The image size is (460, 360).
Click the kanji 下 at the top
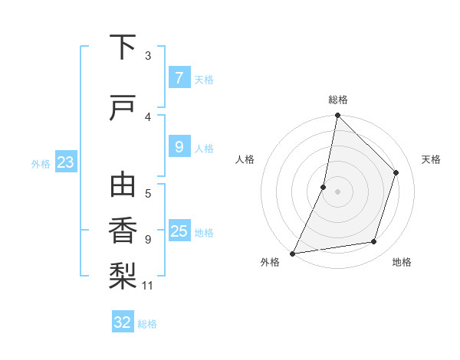[123, 47]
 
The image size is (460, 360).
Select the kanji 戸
[123, 109]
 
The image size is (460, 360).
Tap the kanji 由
[123, 186]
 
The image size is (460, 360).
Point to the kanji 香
[123, 231]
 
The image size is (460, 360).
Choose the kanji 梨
[123, 276]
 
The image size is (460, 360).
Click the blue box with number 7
[179, 78]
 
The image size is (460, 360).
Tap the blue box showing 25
[179, 231]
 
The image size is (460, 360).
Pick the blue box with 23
[65, 162]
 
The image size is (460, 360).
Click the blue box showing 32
[123, 322]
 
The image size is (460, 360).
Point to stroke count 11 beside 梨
[148, 286]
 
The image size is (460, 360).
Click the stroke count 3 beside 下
[148, 56]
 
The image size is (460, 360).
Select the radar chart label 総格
[338, 100]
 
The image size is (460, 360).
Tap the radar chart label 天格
[431, 159]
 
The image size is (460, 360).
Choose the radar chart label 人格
[245, 159]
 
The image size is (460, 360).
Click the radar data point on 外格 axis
[293, 253]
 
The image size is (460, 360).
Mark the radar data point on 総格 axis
[337, 116]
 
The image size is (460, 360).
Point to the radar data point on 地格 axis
[374, 242]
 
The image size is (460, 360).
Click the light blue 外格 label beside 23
[41, 163]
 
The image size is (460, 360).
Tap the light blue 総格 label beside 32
[147, 323]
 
